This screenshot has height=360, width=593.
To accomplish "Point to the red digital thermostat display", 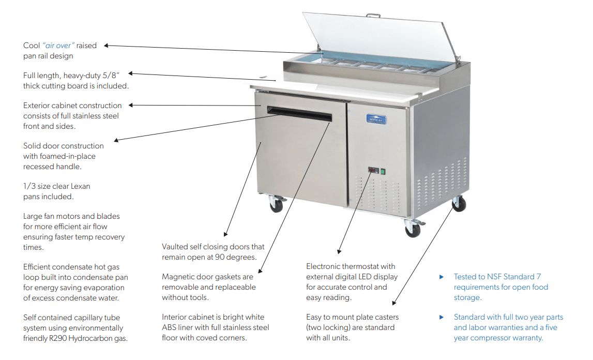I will tap(373, 170).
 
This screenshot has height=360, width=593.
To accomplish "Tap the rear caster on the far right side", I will tap(458, 204).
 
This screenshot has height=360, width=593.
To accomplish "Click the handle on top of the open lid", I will tap(373, 16).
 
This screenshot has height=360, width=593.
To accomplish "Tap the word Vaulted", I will tap(176, 247).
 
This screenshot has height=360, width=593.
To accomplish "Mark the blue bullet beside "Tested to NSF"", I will tap(442, 277).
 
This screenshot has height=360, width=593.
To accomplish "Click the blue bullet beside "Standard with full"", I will tap(442, 317).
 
